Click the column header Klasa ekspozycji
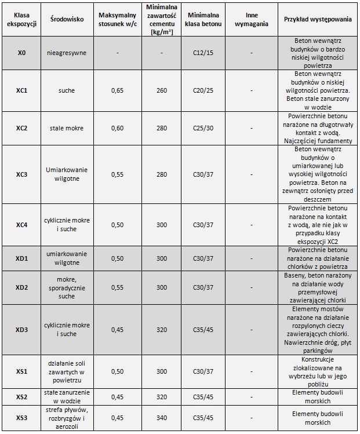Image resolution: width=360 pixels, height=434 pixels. pos(21,19)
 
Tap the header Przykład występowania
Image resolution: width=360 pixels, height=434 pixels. pos(317,19)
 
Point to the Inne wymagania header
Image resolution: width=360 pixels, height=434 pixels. pos(251,19)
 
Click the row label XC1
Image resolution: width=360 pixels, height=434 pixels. pos(21,91)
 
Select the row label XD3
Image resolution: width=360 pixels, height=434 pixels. pos(21,330)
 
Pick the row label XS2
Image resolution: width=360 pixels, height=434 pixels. pos(21,397)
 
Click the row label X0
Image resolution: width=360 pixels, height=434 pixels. pos(21,53)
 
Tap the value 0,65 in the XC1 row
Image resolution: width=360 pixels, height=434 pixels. pos(117,91)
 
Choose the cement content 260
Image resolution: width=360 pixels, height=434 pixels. pos(162,91)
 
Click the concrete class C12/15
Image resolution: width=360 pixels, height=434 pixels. pos(203,53)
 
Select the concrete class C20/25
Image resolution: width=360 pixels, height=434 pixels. pos(203,91)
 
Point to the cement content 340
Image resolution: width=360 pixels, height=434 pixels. pos(162,417)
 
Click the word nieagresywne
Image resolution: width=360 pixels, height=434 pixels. pos(66,53)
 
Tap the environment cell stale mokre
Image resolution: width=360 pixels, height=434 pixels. pos(66,128)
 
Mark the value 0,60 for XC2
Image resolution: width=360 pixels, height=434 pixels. pos(117,128)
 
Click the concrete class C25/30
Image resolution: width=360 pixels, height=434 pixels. pos(203,128)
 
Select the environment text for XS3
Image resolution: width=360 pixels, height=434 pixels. pos(66,417)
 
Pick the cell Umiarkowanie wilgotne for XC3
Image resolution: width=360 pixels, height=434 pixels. pos(66,174)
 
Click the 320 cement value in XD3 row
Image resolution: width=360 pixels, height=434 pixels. pos(162,330)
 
